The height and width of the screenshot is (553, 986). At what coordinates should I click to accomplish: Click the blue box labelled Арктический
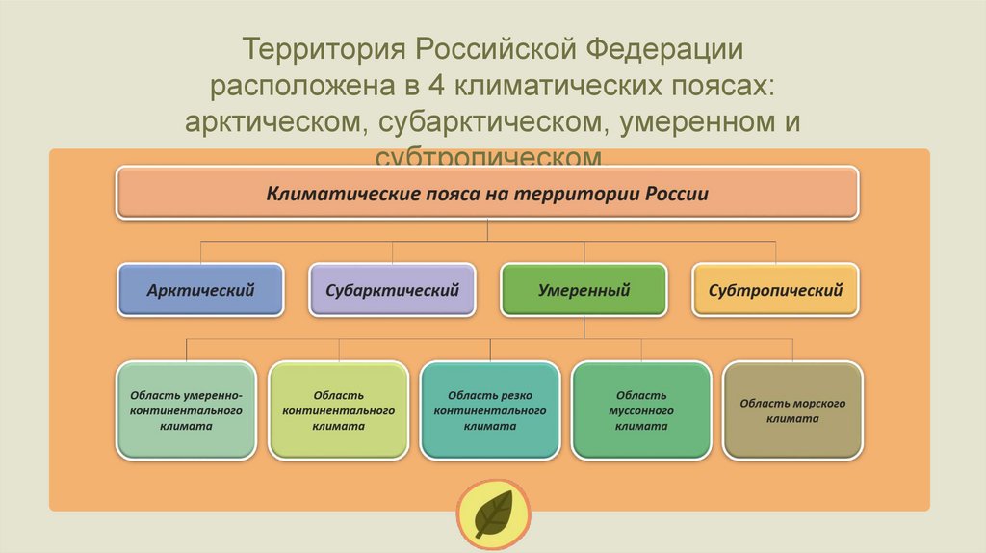pyautogui.click(x=200, y=289)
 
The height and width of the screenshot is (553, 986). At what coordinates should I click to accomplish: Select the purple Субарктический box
pyautogui.click(x=392, y=289)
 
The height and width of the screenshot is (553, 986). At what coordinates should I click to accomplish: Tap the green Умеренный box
pyautogui.click(x=584, y=289)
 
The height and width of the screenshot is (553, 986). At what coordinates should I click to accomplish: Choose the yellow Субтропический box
pyautogui.click(x=775, y=289)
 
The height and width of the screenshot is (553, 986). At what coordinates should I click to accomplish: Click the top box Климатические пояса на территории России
pyautogui.click(x=487, y=193)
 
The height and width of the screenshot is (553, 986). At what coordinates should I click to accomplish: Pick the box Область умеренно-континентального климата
pyautogui.click(x=187, y=409)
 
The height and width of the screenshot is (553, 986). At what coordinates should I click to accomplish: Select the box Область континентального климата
pyautogui.click(x=338, y=409)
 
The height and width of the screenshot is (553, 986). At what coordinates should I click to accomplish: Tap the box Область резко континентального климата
pyautogui.click(x=490, y=409)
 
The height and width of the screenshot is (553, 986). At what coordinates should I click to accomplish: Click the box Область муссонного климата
pyautogui.click(x=641, y=409)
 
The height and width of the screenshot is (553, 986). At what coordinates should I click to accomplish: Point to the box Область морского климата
pyautogui.click(x=792, y=409)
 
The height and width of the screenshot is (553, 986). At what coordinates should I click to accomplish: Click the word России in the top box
pyautogui.click(x=678, y=193)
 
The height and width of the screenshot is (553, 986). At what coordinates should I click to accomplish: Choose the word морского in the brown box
pyautogui.click(x=819, y=403)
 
